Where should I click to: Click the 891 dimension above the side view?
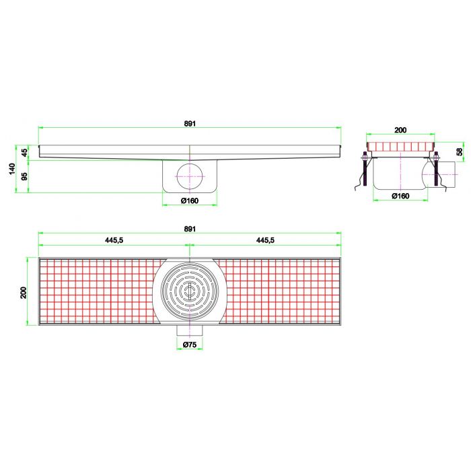pos(190,122)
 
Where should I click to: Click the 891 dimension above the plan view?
pos(190,229)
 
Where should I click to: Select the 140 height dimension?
pos(12,168)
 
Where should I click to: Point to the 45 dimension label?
pos(26,152)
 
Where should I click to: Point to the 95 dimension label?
pos(26,177)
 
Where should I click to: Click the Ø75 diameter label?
pos(190,345)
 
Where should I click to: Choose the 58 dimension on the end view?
pos(460,153)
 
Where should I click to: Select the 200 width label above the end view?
pos(400,129)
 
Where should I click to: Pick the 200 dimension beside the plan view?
pos(24,292)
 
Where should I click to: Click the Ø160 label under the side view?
pos(190,200)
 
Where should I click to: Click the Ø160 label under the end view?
pos(400,196)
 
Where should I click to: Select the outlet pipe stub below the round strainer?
pos(190,330)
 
